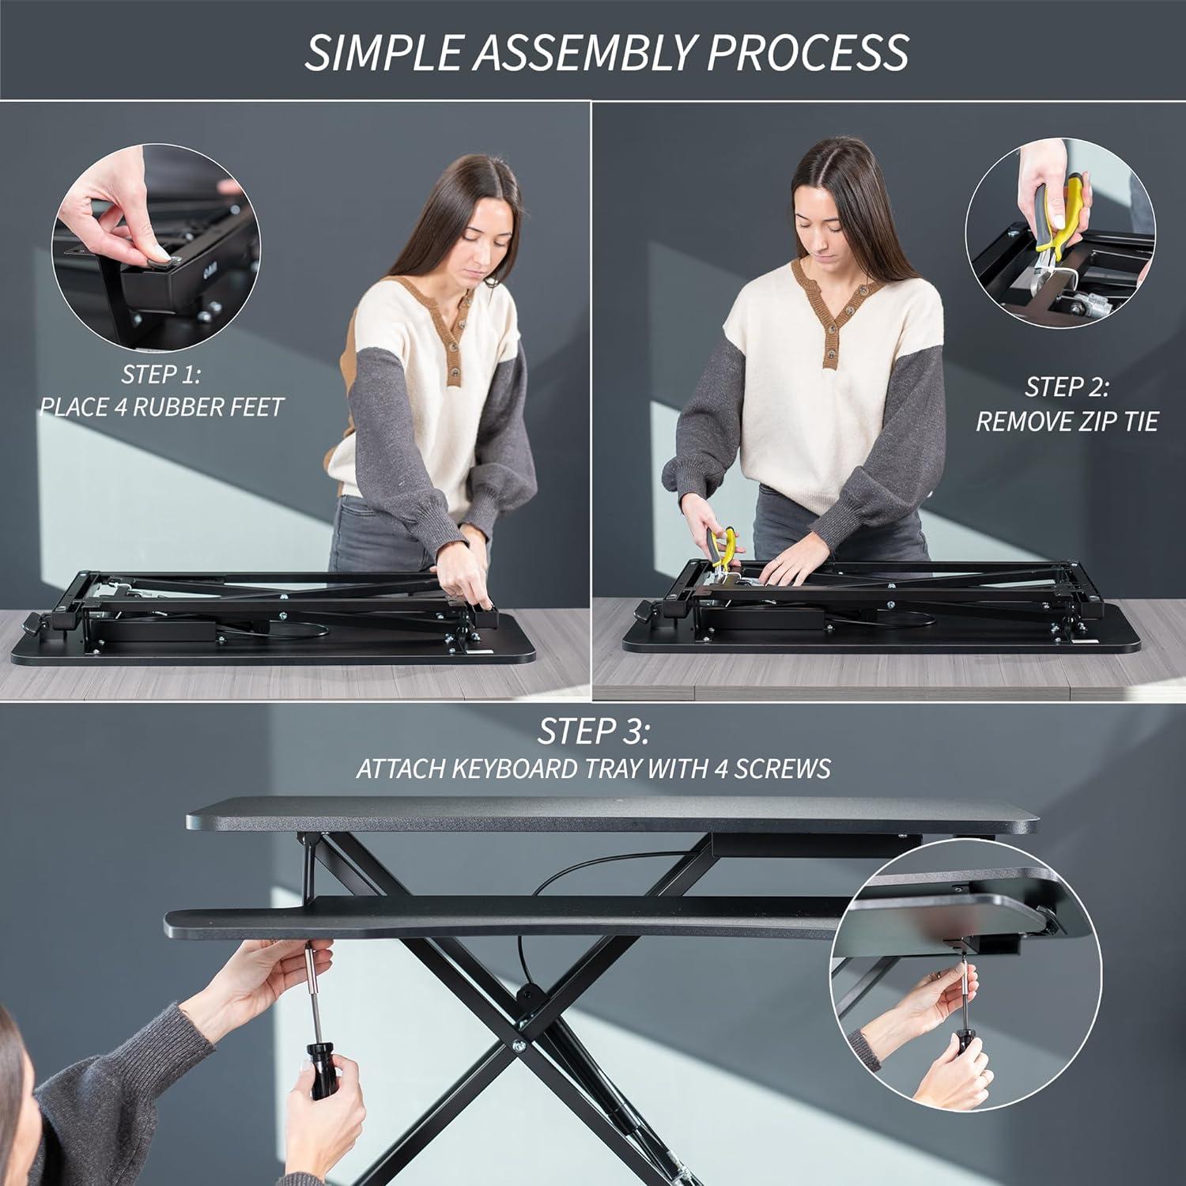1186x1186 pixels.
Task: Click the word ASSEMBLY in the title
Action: (x=581, y=52)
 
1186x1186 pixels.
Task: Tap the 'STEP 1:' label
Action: (x=161, y=373)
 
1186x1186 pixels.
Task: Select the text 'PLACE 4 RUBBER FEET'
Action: (x=161, y=407)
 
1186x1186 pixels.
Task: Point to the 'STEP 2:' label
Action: (x=1067, y=387)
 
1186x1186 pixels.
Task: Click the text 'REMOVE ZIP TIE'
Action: (x=1067, y=421)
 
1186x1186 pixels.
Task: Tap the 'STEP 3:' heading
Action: (x=593, y=731)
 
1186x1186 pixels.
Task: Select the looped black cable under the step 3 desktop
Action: (x=569, y=878)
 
